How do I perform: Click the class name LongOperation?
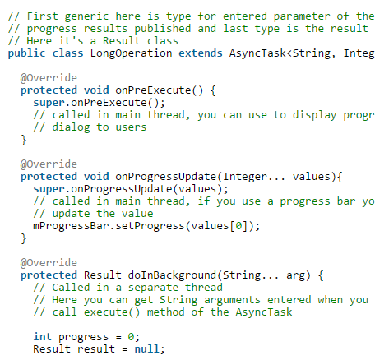(x=132, y=53)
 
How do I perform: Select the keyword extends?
(x=201, y=53)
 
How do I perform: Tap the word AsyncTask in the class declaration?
(x=257, y=53)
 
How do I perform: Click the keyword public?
(x=26, y=53)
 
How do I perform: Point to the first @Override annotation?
(x=49, y=78)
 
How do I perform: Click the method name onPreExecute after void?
(x=153, y=90)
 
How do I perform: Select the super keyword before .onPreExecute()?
(x=49, y=103)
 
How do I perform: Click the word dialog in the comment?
(x=71, y=127)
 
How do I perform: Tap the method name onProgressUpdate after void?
(x=166, y=177)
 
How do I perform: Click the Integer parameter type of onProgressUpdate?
(x=245, y=177)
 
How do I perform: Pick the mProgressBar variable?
(x=71, y=226)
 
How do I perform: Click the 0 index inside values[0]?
(x=238, y=226)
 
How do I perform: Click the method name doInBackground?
(x=172, y=275)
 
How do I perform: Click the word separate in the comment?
(x=153, y=288)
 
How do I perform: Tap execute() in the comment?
(x=112, y=312)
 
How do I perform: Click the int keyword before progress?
(x=43, y=337)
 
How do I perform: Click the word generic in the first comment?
(x=86, y=16)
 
